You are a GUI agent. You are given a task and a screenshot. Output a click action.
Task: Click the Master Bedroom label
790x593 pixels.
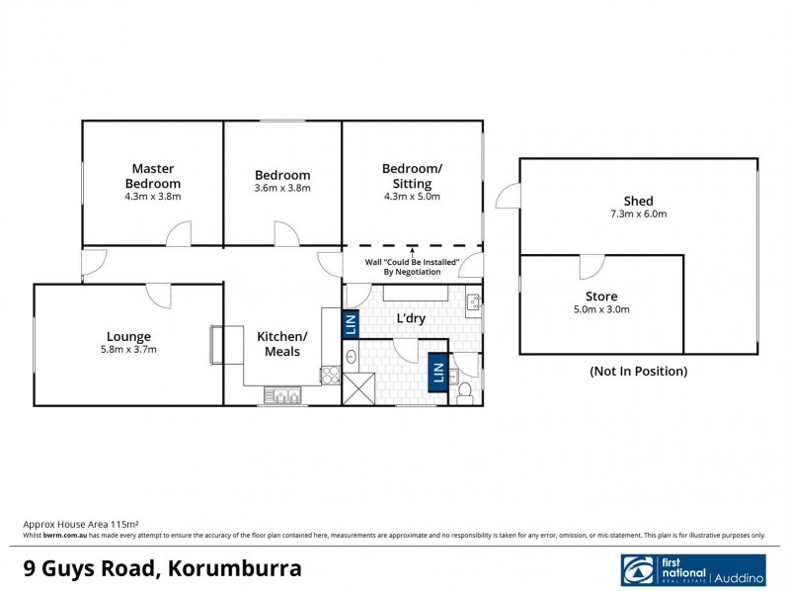152,176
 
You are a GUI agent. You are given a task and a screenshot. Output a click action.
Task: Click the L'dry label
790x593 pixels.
411,319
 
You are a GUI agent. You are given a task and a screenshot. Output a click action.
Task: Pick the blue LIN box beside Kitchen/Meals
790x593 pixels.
350,323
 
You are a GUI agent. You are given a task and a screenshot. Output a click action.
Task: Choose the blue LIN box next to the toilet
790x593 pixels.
437,373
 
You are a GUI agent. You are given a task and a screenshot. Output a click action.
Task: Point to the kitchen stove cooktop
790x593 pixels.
329,375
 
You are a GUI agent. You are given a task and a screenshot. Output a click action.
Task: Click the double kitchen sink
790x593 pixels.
285,397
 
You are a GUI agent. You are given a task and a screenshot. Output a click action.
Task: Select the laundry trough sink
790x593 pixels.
472,301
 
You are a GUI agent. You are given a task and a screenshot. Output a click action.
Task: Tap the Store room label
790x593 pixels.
601,296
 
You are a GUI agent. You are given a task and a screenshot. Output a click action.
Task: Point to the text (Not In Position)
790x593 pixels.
638,372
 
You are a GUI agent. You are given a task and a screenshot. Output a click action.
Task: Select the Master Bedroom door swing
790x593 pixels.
178,234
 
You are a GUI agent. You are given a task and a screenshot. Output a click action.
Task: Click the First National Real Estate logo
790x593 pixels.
692,570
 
